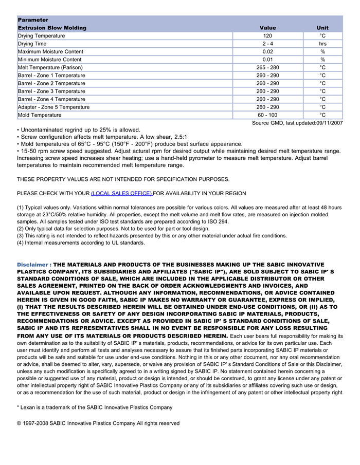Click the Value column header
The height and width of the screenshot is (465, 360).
tap(267, 28)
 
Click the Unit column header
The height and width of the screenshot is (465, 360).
tap(322, 28)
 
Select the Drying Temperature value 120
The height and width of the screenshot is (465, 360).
tap(267, 36)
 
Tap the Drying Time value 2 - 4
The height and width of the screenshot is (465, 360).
tap(267, 44)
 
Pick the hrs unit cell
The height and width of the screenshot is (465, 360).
tap(322, 44)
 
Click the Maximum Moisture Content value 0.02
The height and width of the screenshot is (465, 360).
tap(267, 52)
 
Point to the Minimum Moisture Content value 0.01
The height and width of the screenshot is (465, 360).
tap(267, 60)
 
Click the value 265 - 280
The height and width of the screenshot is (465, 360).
tap(267, 67)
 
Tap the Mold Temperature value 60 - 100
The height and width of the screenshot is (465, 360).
tap(267, 115)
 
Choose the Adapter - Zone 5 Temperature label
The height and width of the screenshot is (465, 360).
tap(53, 107)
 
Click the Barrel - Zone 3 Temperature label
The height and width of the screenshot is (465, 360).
tap(51, 91)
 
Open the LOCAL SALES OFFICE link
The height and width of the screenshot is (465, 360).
tap(121, 193)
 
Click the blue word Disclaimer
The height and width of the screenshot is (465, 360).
tap(32, 264)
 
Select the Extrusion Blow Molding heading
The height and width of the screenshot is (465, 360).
tap(52, 28)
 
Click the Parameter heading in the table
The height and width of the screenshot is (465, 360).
tap(33, 20)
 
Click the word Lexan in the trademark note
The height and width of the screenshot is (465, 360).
tap(29, 407)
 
